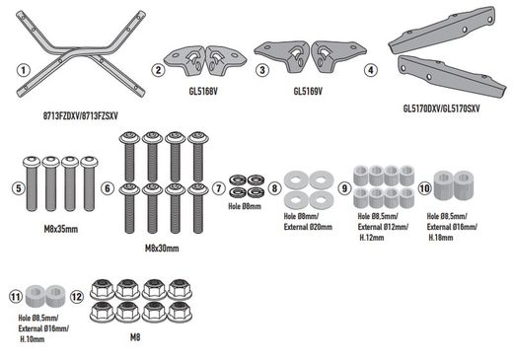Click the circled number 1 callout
tap(23, 70)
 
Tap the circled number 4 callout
tap(371, 70)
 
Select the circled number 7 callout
tap(219, 188)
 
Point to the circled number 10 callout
tap(424, 188)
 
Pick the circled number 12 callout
tap(77, 297)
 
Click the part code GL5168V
tap(203, 91)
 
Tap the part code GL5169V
tap(308, 91)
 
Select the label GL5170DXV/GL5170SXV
tap(441, 108)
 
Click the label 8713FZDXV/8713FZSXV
tap(81, 116)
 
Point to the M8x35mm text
tap(61, 229)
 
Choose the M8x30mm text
tap(162, 249)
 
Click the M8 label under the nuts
tap(135, 337)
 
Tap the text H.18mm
tap(441, 238)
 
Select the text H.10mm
tap(33, 339)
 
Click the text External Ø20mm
tap(308, 227)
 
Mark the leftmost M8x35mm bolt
tap(32, 183)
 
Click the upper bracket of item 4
tap(442, 31)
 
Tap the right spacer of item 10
tap(464, 184)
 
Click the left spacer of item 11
tap(36, 295)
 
